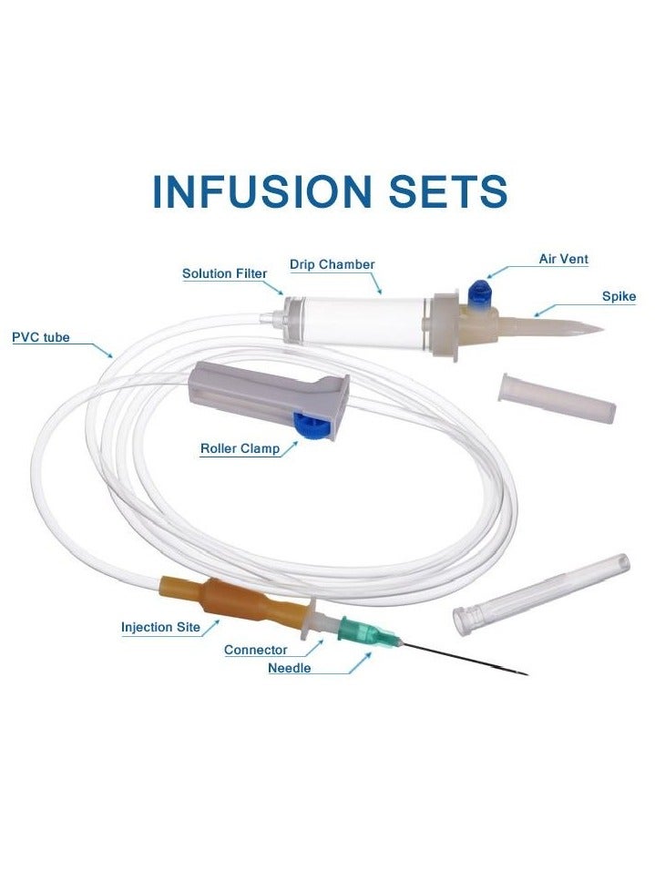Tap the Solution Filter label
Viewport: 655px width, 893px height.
click(x=224, y=273)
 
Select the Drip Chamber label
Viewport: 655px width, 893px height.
click(x=332, y=264)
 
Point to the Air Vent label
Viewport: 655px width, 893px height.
click(x=563, y=259)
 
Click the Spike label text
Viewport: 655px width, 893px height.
click(x=619, y=296)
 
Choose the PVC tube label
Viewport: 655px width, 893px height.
click(x=40, y=337)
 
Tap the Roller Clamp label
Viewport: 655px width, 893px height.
click(x=240, y=448)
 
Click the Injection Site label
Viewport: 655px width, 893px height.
click(x=160, y=627)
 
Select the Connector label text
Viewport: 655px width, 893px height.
click(x=255, y=650)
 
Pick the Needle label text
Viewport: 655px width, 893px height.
click(x=289, y=668)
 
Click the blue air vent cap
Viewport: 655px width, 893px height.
click(x=476, y=293)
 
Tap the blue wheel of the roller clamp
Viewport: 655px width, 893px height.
click(x=304, y=425)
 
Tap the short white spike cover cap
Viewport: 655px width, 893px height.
click(x=557, y=398)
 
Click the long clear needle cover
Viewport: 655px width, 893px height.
click(x=541, y=593)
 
